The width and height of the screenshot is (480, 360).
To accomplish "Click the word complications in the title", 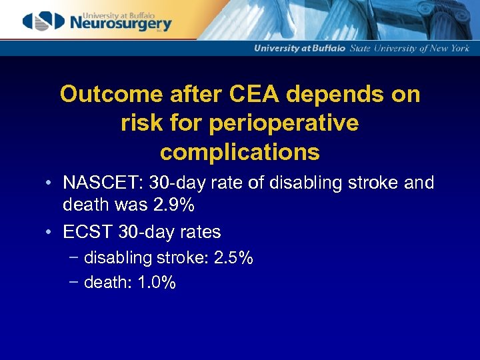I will [x=240, y=152].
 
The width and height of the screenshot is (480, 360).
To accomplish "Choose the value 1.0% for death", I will [x=157, y=283].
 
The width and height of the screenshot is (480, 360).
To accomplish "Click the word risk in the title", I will [x=141, y=123].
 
